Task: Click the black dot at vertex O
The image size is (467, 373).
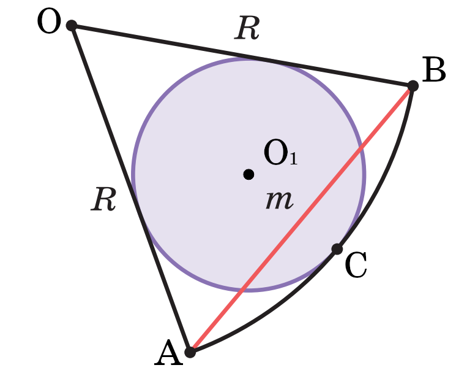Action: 72,25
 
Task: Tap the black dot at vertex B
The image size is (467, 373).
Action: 413,85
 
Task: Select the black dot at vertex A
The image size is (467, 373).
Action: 190,352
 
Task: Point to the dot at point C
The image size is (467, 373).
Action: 337,248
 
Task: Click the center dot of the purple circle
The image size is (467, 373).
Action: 248,174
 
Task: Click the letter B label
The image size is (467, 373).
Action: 433,71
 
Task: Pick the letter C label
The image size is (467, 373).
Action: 356,266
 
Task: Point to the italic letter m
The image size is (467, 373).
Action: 279,200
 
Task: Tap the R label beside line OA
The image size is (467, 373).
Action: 103,200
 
